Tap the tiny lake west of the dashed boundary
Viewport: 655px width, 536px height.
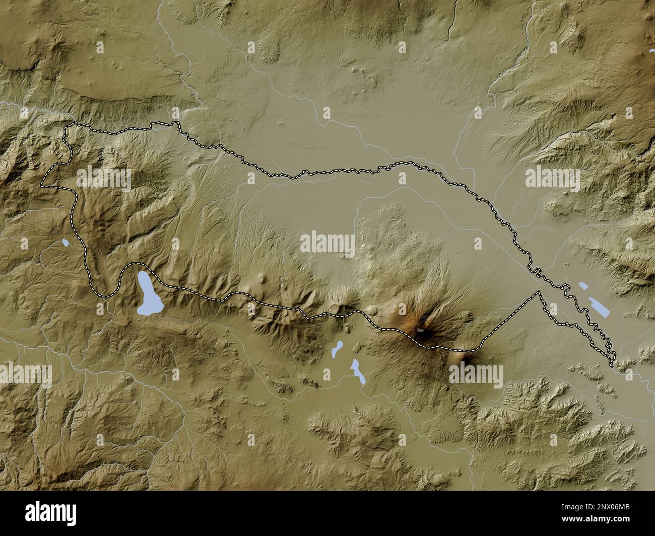coord(65,244)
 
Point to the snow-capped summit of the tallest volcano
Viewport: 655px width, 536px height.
coord(421,331)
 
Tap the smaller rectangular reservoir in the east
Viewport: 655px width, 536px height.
coord(583,286)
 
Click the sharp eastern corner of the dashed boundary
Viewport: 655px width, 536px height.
coord(540,292)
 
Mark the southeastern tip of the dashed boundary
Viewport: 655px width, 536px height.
coord(613,363)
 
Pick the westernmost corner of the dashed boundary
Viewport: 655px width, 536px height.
coord(42,185)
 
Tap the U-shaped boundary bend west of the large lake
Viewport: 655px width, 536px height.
coord(103,294)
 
